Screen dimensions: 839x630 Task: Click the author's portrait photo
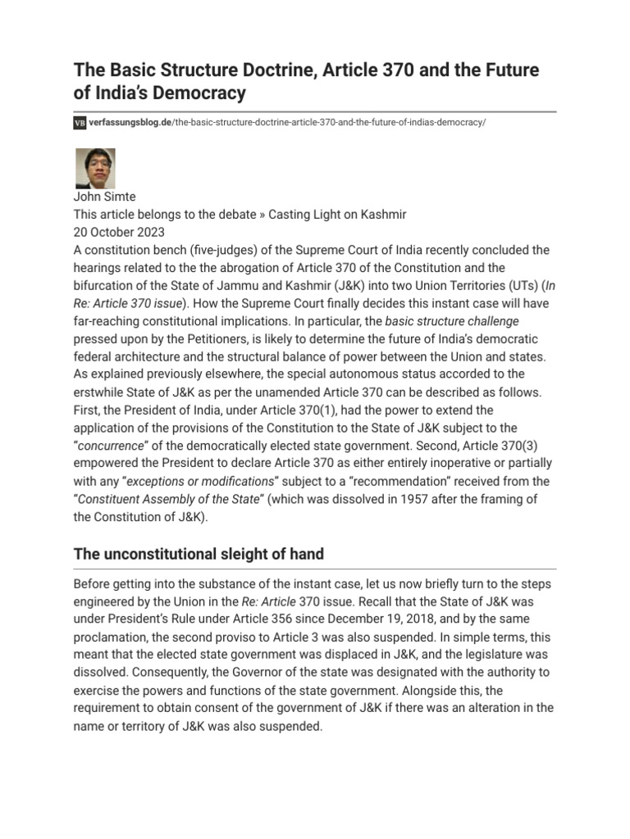pos(95,168)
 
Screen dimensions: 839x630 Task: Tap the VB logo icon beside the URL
pos(79,122)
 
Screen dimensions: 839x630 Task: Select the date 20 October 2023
pos(118,232)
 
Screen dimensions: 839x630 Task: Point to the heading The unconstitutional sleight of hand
pos(199,554)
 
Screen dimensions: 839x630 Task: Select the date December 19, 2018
pos(420,619)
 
